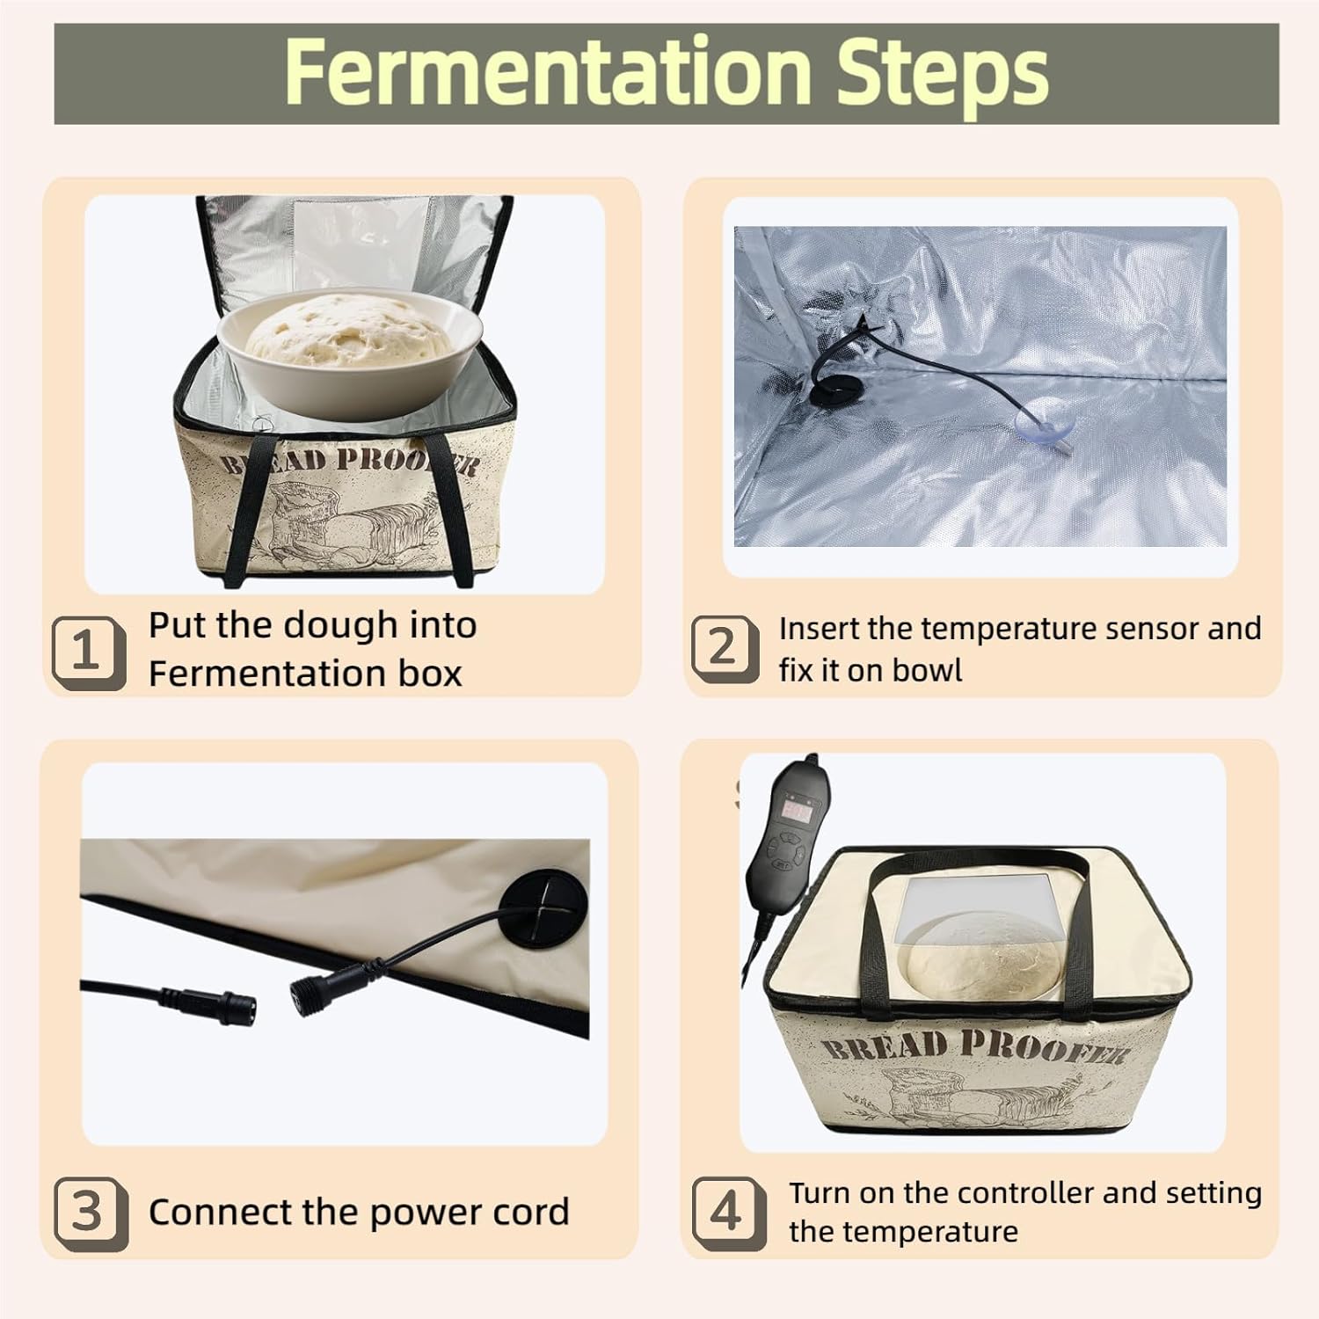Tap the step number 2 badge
tap(724, 649)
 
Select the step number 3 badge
tap(89, 1213)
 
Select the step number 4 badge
tap(726, 1213)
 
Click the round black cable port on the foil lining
tap(827, 391)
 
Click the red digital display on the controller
tap(797, 811)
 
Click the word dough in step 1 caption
tap(348, 625)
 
